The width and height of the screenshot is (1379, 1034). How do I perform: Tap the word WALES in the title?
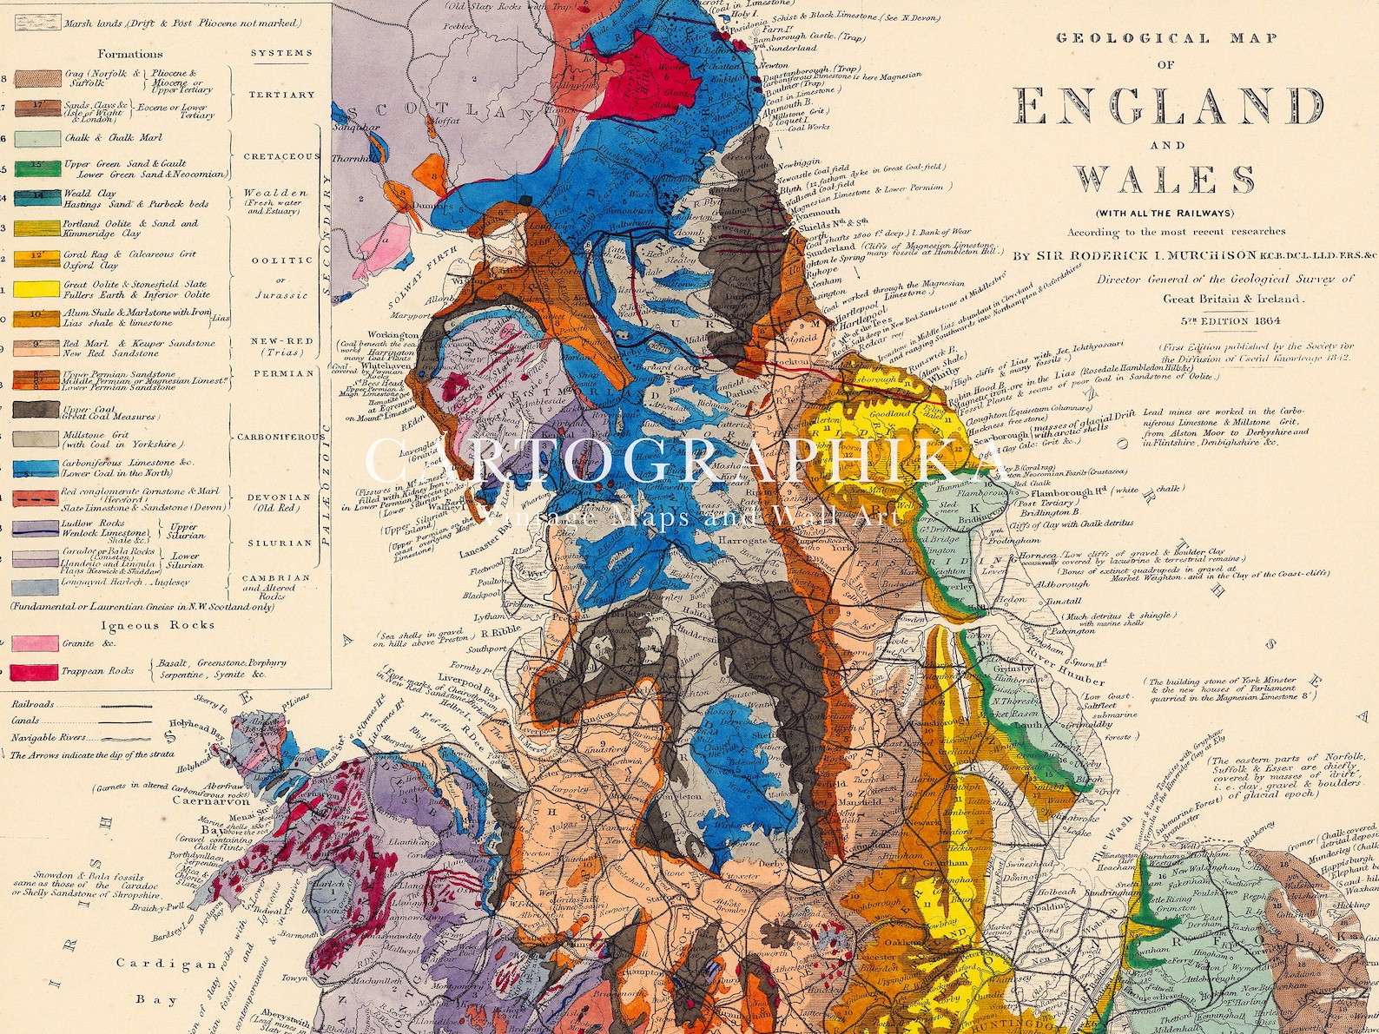tap(1165, 180)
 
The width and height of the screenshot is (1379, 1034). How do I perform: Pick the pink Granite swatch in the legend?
tap(35, 643)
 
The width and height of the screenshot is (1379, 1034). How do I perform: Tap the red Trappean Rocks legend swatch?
tap(35, 671)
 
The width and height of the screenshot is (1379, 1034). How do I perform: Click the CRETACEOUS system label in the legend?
tap(280, 156)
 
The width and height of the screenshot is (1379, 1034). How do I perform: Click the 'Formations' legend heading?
tap(131, 54)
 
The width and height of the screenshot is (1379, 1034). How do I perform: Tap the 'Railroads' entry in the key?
tap(32, 705)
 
